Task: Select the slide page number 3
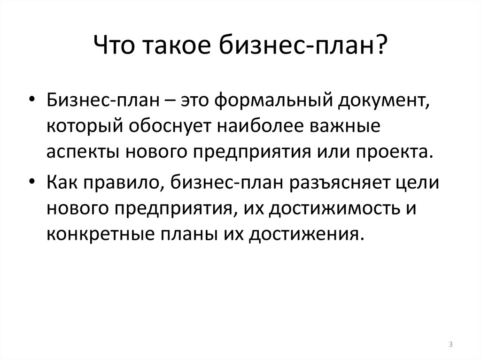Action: pos(450,345)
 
